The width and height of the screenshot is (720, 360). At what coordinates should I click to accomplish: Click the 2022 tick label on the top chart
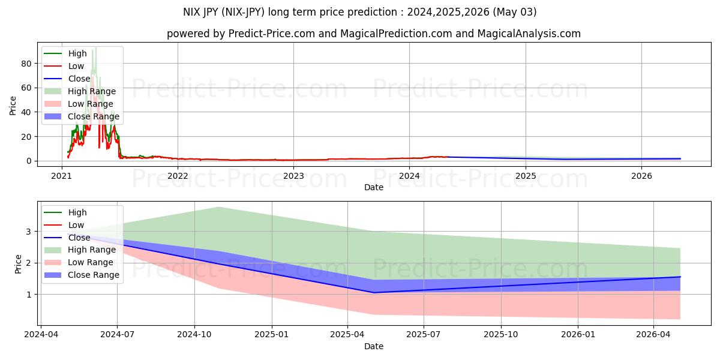click(178, 176)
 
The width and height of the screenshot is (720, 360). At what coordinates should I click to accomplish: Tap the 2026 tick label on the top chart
click(642, 176)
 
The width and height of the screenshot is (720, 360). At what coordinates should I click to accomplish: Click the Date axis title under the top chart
click(373, 187)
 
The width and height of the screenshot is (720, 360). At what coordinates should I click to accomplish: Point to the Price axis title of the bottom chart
click(18, 264)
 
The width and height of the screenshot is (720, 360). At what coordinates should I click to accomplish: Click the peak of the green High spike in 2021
click(95, 48)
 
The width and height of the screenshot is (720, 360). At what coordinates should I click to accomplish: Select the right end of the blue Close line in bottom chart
click(680, 277)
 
